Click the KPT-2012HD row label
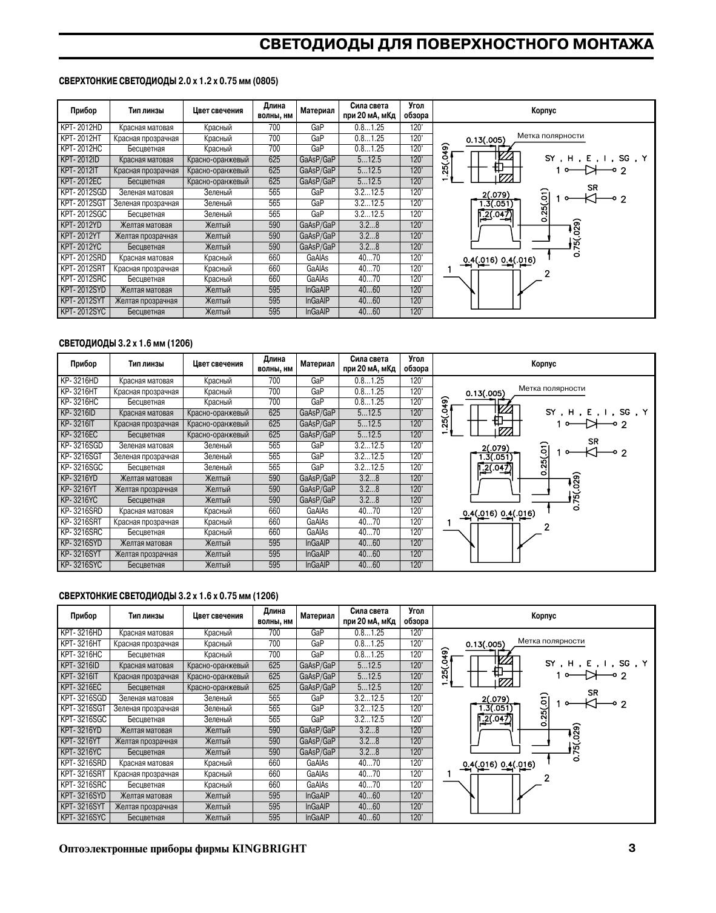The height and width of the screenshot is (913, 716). tap(82, 128)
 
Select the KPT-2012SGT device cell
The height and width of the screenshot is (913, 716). tap(84, 204)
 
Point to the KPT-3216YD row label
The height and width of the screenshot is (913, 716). tap(81, 731)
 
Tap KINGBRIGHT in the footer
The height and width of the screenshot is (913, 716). tap(270, 849)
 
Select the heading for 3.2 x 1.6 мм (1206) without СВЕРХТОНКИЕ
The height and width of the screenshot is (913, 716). tap(126, 344)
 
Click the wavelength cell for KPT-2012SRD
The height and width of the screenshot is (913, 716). tap(274, 258)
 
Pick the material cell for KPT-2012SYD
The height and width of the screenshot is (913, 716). tap(317, 290)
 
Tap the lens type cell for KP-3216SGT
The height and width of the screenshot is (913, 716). tap(146, 457)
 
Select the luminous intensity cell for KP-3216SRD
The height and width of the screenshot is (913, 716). tap(369, 511)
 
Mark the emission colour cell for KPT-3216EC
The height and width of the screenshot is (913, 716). tap(217, 688)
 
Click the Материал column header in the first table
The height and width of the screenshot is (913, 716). tap(317, 111)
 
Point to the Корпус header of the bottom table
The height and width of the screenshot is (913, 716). tap(543, 616)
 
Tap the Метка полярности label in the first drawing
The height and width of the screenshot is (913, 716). tap(551, 136)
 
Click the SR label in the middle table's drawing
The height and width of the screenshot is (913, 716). tap(593, 441)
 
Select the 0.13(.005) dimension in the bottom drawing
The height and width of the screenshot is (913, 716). tap(485, 644)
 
